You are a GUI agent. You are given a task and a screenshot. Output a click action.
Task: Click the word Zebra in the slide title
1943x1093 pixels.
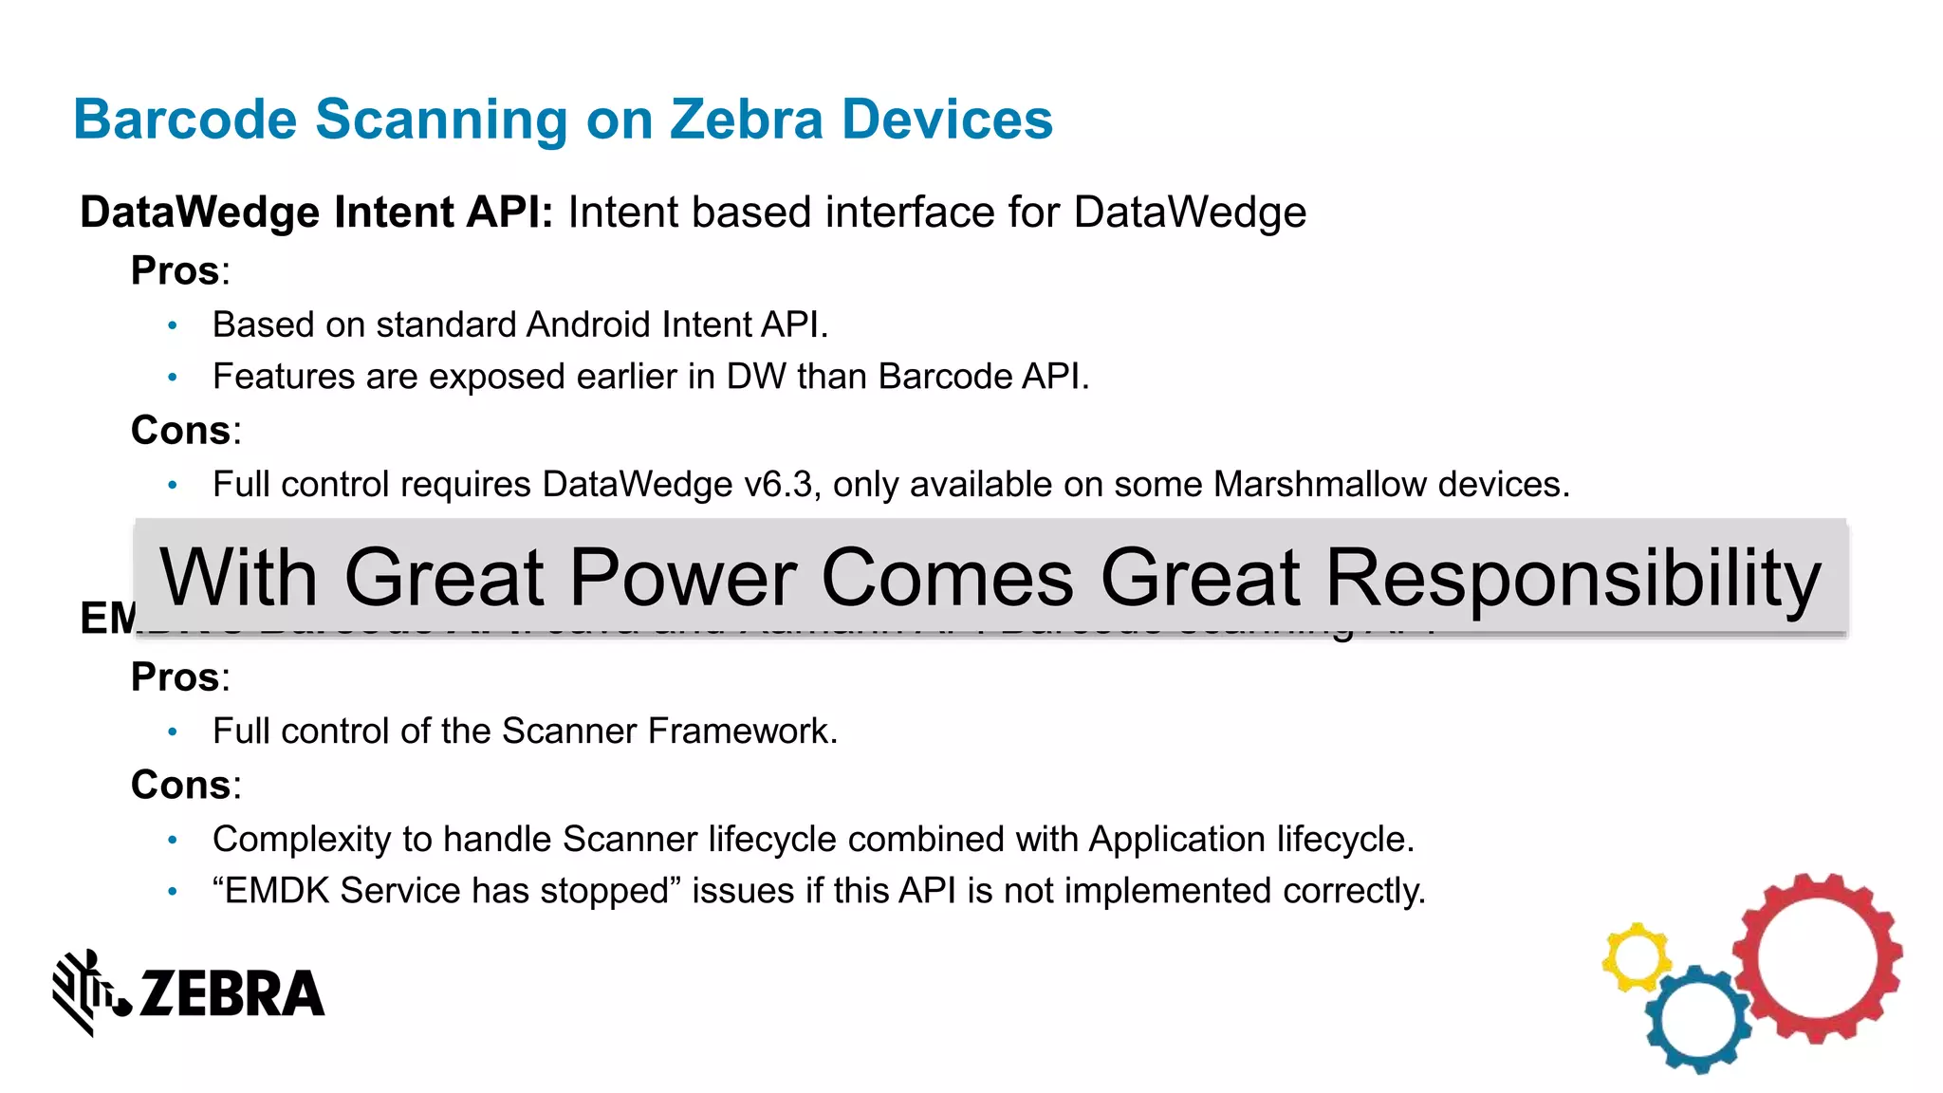[746, 120]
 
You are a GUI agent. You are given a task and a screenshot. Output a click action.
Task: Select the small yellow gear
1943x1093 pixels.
[1636, 957]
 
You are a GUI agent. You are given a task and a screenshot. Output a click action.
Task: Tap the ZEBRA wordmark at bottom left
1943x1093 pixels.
[231, 994]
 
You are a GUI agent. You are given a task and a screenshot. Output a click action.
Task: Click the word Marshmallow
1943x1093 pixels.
[1320, 485]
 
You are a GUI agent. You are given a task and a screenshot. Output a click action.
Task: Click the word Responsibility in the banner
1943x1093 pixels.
[1572, 578]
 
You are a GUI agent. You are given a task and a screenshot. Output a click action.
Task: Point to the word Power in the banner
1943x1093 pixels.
[683, 578]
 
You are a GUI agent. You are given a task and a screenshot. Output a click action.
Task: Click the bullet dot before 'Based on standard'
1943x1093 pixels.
[173, 326]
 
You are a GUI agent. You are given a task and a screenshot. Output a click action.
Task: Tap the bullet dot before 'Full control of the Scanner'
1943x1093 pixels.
[173, 732]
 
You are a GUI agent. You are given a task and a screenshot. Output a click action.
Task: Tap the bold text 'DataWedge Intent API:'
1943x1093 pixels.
[316, 213]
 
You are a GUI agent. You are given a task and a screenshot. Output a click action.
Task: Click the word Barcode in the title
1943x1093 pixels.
[186, 120]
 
